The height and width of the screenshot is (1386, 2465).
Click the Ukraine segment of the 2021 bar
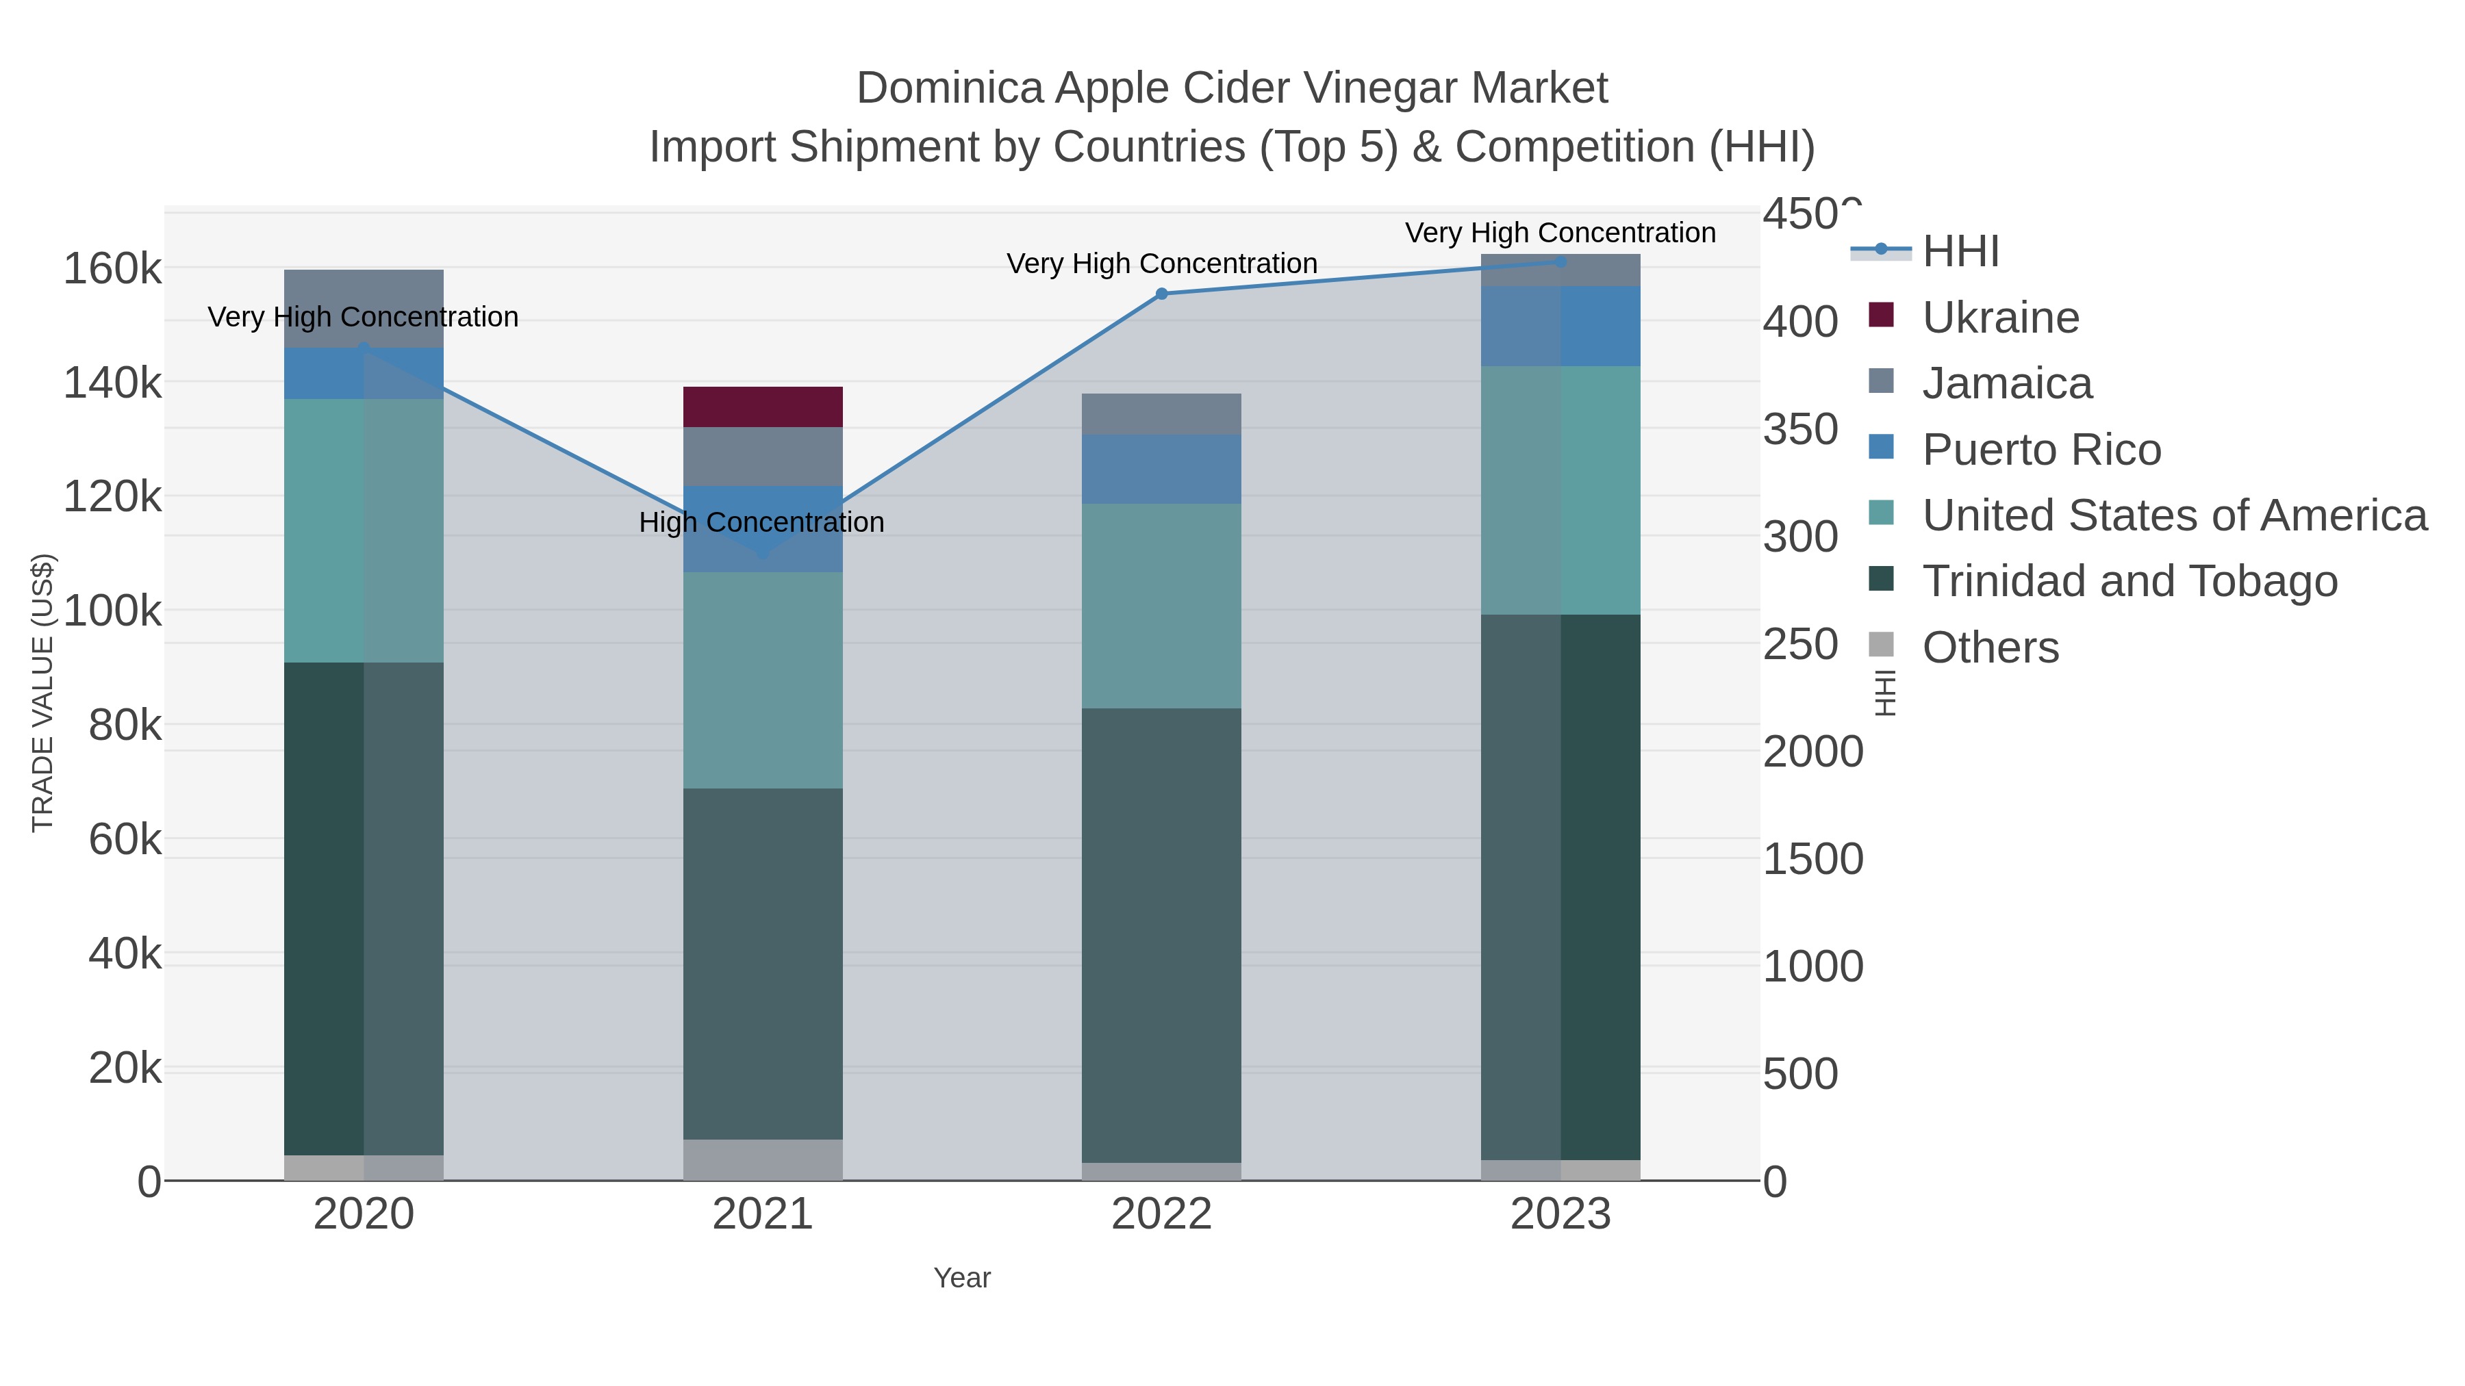point(763,407)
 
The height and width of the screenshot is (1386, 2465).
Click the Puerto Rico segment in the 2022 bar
point(1161,469)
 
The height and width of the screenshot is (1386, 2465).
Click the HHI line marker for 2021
point(763,554)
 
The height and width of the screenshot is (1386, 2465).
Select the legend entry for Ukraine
point(2000,318)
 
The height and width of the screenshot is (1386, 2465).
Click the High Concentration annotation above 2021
point(761,522)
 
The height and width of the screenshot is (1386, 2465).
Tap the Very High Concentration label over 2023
point(1560,233)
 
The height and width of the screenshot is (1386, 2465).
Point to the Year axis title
point(962,1278)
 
